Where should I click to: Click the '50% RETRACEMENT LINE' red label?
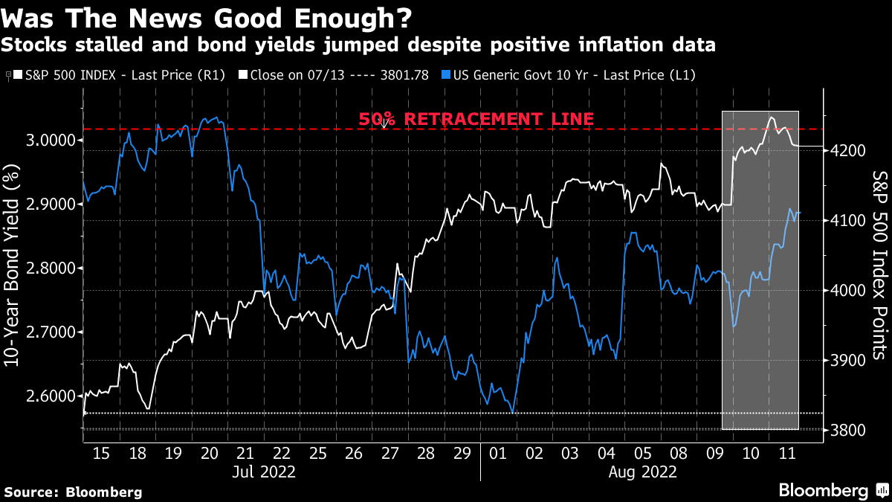point(476,118)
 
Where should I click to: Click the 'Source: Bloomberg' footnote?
point(72,492)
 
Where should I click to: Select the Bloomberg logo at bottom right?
point(832,490)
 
